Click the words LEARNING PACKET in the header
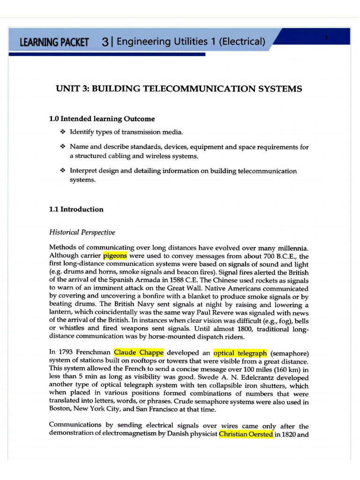point(54,42)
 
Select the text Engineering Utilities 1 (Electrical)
point(190,42)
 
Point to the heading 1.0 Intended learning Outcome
point(102,119)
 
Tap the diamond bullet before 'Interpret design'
point(63,171)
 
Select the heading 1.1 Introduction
point(76,210)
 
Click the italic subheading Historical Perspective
point(82,232)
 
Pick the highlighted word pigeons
point(115,256)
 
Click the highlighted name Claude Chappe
point(138,352)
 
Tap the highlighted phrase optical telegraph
point(240,352)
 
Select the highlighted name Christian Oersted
point(246,434)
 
